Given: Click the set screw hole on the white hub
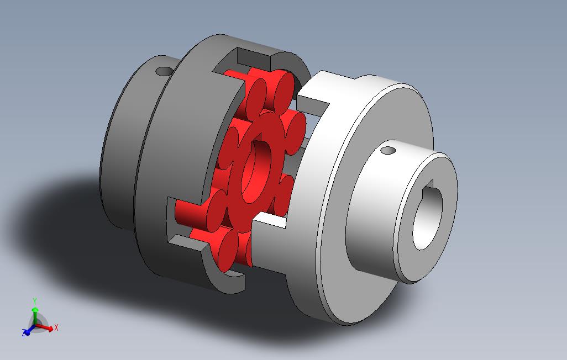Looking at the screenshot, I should pyautogui.click(x=389, y=150).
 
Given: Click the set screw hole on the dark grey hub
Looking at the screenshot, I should pyautogui.click(x=164, y=72).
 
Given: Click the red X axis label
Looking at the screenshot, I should pyautogui.click(x=56, y=327).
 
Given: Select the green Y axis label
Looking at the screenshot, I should pyautogui.click(x=35, y=301).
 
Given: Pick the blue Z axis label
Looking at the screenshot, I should pyautogui.click(x=24, y=333).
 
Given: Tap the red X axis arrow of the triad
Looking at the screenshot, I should pyautogui.click(x=48, y=328).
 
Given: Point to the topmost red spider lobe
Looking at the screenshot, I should pyautogui.click(x=272, y=88).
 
